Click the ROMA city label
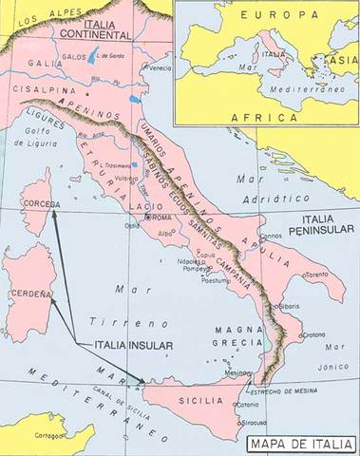(x=161, y=218)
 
